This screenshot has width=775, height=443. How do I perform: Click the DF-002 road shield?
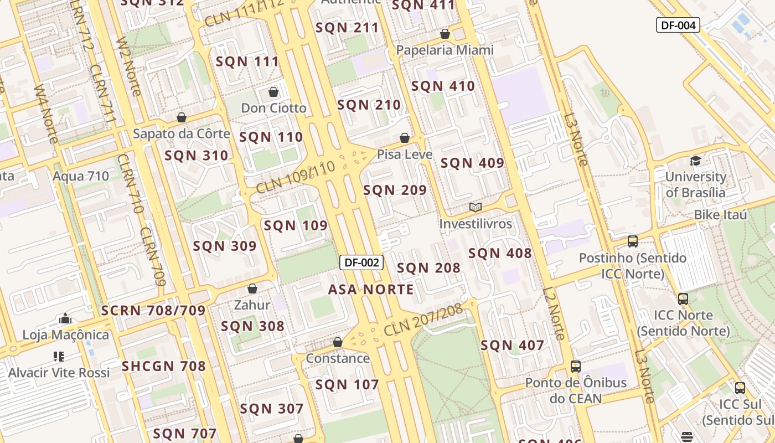[x=361, y=262]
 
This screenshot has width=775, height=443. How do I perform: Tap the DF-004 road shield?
[x=678, y=25]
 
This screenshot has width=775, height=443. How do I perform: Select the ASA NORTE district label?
[x=371, y=290]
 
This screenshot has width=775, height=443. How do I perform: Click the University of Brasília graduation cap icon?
[x=695, y=161]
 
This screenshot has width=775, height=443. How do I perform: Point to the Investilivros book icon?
[x=476, y=208]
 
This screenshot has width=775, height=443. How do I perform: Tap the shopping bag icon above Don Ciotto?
[x=273, y=92]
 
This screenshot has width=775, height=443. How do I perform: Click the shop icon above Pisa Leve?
[x=405, y=138]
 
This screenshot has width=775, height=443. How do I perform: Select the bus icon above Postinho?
[x=632, y=241]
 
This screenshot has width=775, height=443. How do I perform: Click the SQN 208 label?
[x=428, y=268]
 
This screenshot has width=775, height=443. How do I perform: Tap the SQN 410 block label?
[x=443, y=86]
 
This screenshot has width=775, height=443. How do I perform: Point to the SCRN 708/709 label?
[x=153, y=311]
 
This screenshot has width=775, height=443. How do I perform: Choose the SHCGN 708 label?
[x=163, y=366]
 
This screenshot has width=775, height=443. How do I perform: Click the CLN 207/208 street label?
[x=423, y=321]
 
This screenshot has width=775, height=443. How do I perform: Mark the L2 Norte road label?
[x=554, y=313]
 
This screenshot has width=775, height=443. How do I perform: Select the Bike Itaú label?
[x=720, y=215]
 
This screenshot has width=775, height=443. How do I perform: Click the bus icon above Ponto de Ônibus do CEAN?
[x=576, y=366]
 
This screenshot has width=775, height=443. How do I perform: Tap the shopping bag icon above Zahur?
[x=252, y=289]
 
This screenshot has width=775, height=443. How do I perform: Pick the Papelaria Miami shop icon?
[x=445, y=34]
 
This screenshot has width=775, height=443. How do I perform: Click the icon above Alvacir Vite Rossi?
[x=59, y=356]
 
